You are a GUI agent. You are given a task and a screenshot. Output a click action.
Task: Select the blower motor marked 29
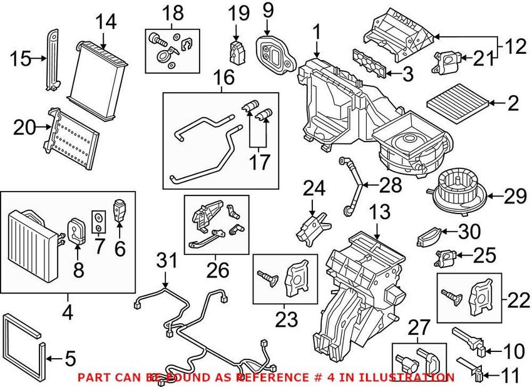pos(456,189)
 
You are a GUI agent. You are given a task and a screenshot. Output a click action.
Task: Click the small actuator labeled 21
pos(446,61)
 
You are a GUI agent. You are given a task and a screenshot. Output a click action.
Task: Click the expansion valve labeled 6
pos(120,210)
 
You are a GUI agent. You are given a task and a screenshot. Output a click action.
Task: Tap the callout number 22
pos(513,301)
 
